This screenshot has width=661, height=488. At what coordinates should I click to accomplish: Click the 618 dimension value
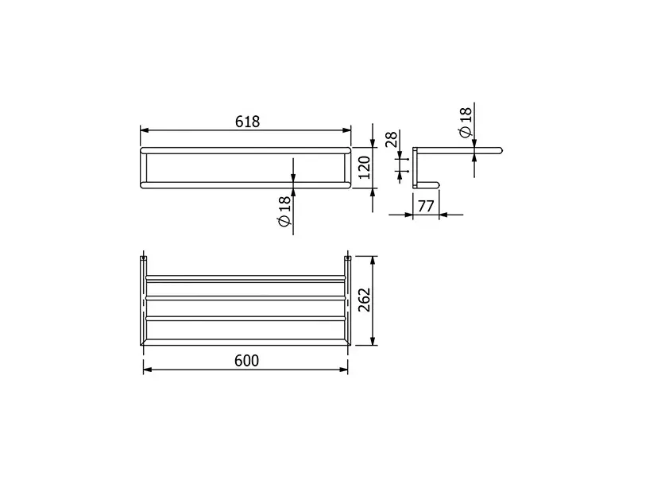coord(247,122)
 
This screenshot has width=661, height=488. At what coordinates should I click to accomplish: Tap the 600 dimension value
coord(246,361)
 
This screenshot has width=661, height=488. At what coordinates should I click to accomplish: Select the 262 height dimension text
coord(364,300)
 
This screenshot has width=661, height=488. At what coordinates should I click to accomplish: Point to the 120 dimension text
coord(364,168)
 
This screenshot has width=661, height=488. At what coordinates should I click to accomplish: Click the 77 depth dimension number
coord(426,207)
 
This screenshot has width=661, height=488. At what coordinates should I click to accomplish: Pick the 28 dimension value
coord(392,139)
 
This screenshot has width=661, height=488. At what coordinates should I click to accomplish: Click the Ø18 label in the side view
coord(466,122)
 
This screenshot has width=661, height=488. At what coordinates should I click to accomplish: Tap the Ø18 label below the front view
coord(285,211)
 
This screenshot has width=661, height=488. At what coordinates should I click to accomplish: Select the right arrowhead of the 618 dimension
coord(346,130)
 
